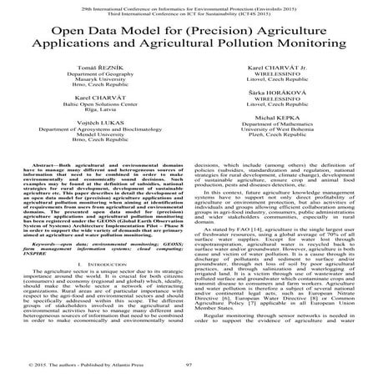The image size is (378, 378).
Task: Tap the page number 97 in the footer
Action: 189,365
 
